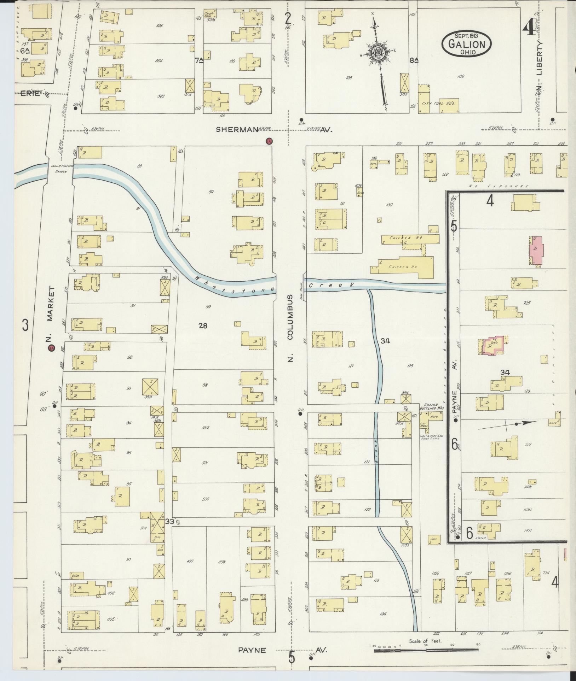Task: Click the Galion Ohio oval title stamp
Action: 466,43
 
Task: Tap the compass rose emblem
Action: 378,53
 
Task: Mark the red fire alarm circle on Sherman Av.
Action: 269,141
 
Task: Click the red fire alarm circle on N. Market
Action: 52,348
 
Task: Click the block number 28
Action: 203,325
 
